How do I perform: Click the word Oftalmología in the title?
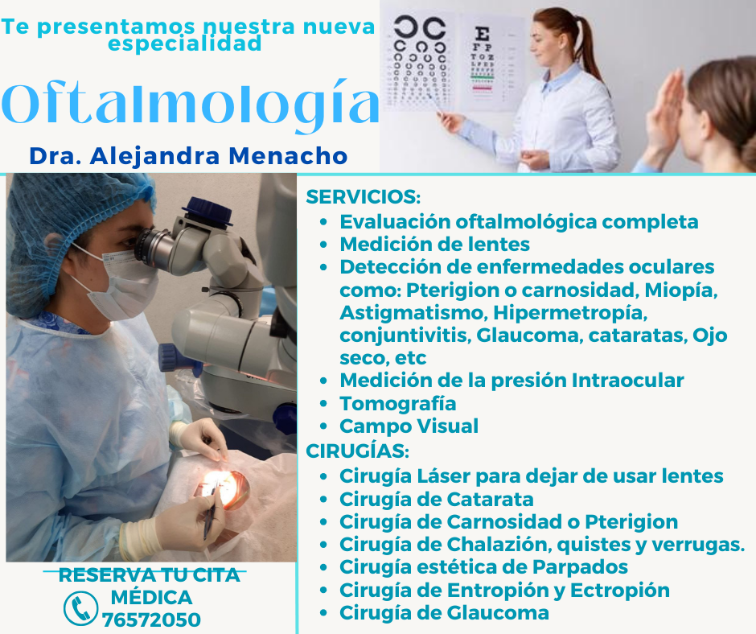[x=191, y=104]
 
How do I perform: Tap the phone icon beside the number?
[x=80, y=608]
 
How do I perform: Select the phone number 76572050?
[x=151, y=620]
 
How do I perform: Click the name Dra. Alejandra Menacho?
[x=188, y=156]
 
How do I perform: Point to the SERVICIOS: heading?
[x=363, y=197]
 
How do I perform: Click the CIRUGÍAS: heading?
[x=357, y=451]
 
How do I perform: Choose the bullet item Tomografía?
[x=398, y=404]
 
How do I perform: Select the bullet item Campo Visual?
[x=409, y=426]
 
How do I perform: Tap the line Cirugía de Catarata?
[x=437, y=500]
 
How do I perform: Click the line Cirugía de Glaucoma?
[x=444, y=613]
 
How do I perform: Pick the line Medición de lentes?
[x=434, y=244]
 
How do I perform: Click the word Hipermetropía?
[x=570, y=313]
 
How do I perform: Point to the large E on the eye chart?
[x=482, y=34]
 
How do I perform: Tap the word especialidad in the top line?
[x=185, y=44]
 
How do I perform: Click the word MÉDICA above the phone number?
[x=151, y=598]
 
